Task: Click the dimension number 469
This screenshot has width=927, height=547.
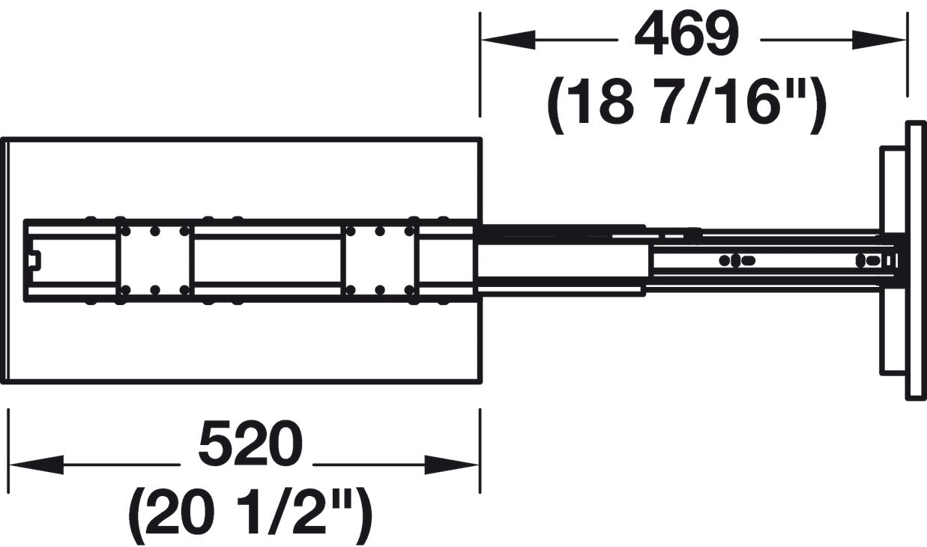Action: pyautogui.click(x=687, y=33)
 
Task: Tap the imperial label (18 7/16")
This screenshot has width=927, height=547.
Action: pyautogui.click(x=687, y=104)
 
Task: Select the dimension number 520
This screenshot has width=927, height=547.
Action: pyautogui.click(x=250, y=443)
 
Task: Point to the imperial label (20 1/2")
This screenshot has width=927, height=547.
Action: pyautogui.click(x=250, y=515)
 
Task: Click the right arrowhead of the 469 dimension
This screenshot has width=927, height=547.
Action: pyautogui.click(x=878, y=40)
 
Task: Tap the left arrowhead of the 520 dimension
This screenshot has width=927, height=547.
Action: pyautogui.click(x=37, y=465)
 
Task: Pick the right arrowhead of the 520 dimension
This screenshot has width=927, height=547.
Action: pyautogui.click(x=452, y=465)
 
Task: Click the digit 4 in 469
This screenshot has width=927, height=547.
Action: pyautogui.click(x=650, y=33)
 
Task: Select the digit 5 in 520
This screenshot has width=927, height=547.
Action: pyautogui.click(x=214, y=443)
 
